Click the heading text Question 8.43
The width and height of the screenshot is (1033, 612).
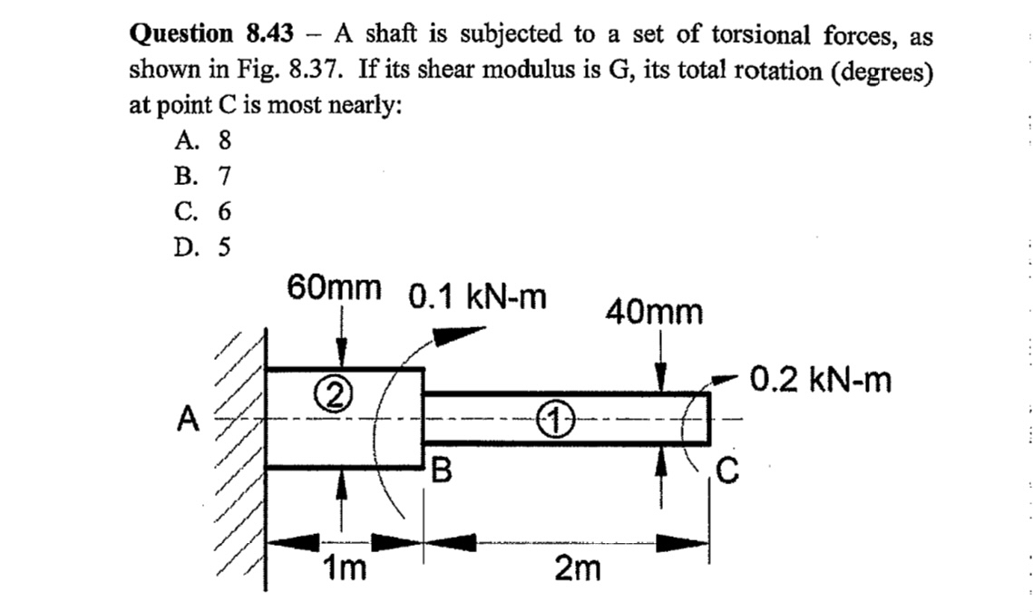point(212,35)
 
